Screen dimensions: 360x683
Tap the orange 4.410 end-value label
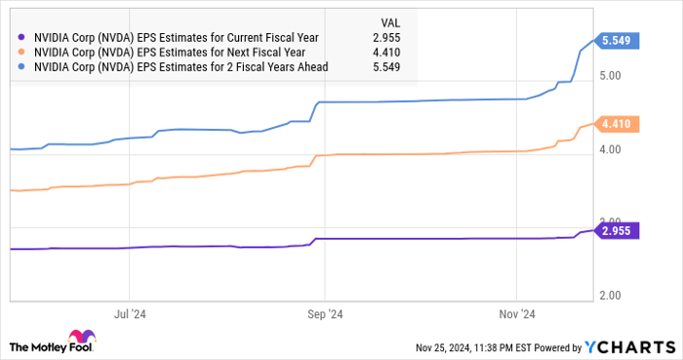[620, 124]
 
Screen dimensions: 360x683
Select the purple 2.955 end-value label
[620, 230]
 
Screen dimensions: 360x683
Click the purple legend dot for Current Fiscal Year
[20, 38]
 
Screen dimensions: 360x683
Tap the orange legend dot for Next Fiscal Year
[20, 53]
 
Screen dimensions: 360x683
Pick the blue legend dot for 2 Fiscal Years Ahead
[20, 67]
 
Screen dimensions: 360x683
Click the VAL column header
[388, 22]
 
